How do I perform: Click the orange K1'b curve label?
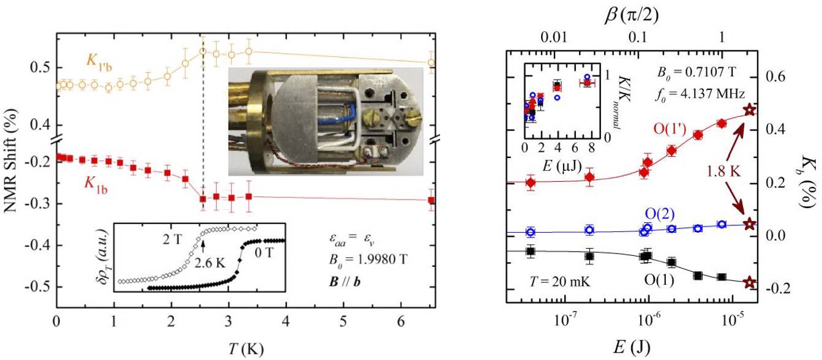99,62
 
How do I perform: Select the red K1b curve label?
96,185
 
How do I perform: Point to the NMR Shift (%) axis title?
12,160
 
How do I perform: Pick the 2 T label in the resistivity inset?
172,239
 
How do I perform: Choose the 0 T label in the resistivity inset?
264,253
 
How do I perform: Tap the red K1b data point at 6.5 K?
432,200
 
